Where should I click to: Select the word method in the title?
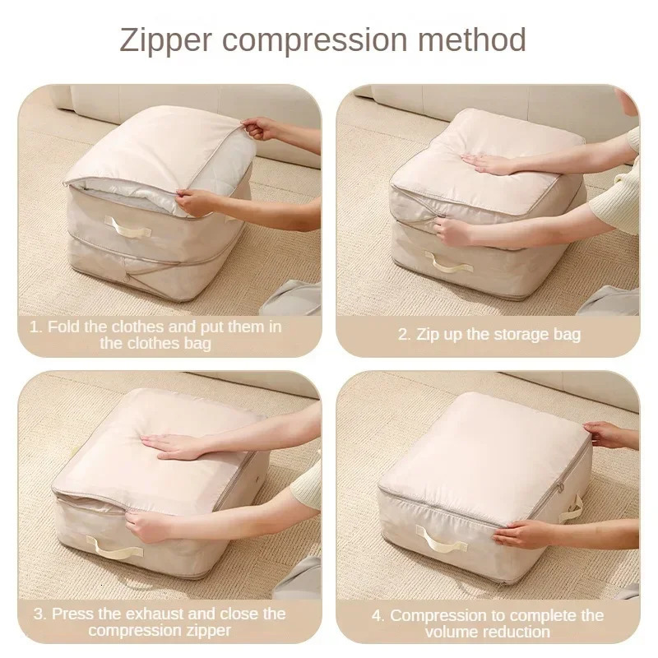[480, 39]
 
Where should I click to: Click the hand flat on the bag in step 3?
[176, 444]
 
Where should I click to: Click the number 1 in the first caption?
[35, 327]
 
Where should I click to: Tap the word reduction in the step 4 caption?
[512, 632]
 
